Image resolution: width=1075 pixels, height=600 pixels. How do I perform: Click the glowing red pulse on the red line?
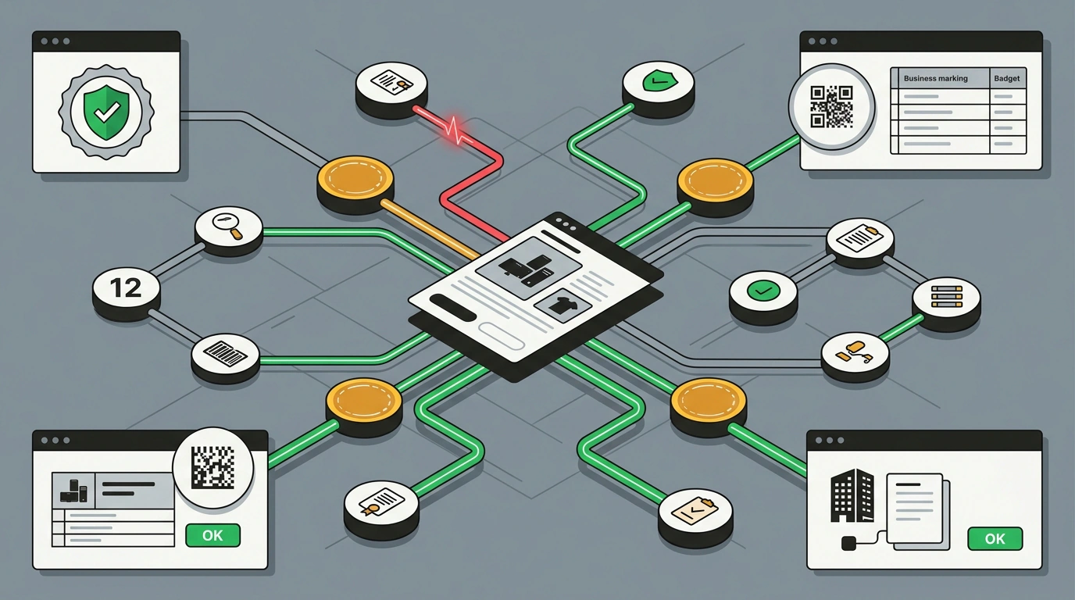click(x=456, y=129)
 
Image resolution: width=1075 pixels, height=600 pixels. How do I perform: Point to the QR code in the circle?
click(x=832, y=107)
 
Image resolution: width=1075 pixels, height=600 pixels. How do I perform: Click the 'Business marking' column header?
click(x=935, y=78)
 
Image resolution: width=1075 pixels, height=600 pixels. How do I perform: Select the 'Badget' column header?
click(x=1007, y=78)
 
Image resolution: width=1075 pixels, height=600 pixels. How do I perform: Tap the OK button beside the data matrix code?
click(x=212, y=535)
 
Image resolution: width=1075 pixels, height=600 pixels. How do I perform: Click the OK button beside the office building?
click(x=995, y=538)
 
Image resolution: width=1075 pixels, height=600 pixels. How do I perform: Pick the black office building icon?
click(x=852, y=495)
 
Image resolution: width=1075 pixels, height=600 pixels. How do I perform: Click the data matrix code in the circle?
click(x=212, y=467)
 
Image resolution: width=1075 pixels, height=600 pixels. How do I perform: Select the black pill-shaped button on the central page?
click(x=452, y=308)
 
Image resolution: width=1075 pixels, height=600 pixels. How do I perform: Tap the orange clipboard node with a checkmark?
click(x=695, y=512)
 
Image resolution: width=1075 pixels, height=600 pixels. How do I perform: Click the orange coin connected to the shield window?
click(x=355, y=180)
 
